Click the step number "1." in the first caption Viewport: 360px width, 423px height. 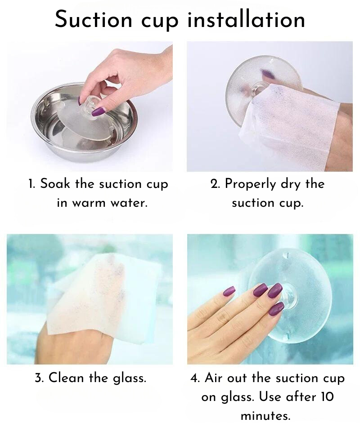pos(31,184)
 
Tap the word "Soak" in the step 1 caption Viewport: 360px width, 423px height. pos(54,184)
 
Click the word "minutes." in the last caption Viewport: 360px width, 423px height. pos(265,415)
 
